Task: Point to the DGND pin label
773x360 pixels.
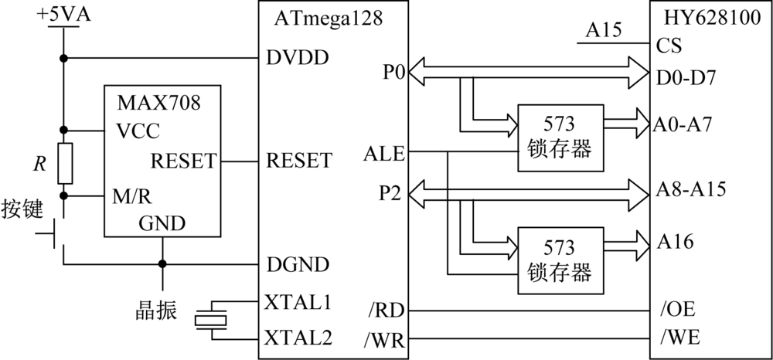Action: coord(297,264)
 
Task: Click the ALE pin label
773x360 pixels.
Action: coord(383,154)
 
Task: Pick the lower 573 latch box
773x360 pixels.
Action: coord(560,260)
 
